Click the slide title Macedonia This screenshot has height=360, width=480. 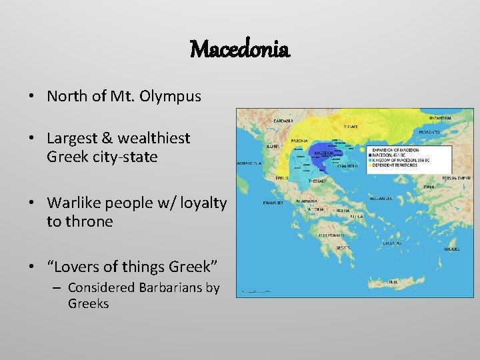tap(240, 49)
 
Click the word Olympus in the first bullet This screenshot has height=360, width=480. tap(171, 96)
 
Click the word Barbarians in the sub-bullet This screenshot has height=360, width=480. tap(165, 287)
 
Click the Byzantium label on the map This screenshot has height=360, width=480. tap(439, 117)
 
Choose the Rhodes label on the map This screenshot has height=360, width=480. tap(451, 249)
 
